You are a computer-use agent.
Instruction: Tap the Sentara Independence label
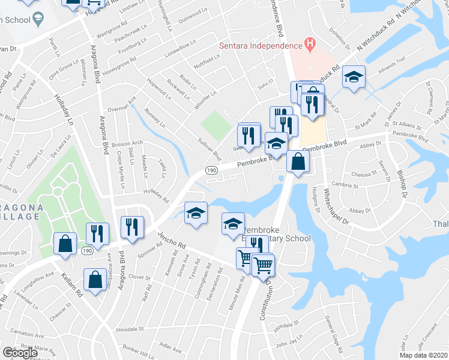coord(260,46)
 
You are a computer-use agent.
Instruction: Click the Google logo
coord(20,353)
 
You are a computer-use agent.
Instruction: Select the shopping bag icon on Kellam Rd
coord(95,280)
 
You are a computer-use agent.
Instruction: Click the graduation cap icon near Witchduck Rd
coord(354,77)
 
